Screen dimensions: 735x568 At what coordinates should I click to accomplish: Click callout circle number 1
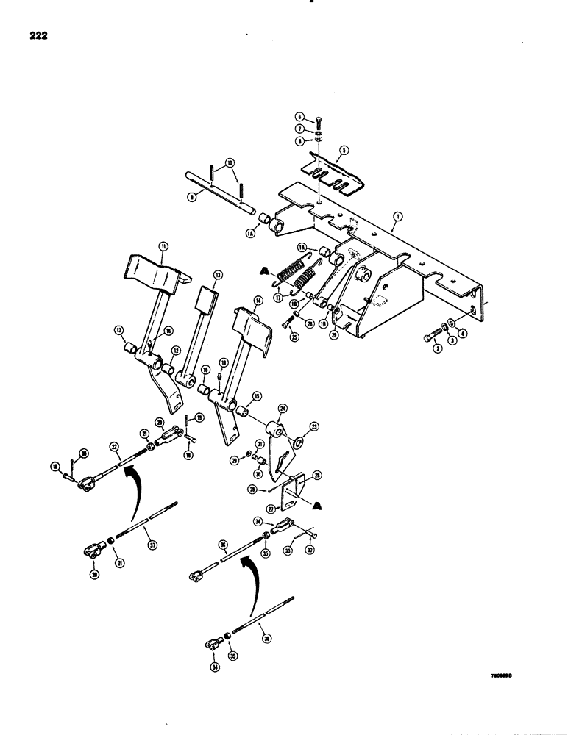click(397, 217)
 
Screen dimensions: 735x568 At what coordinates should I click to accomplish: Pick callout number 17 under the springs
click(278, 298)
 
